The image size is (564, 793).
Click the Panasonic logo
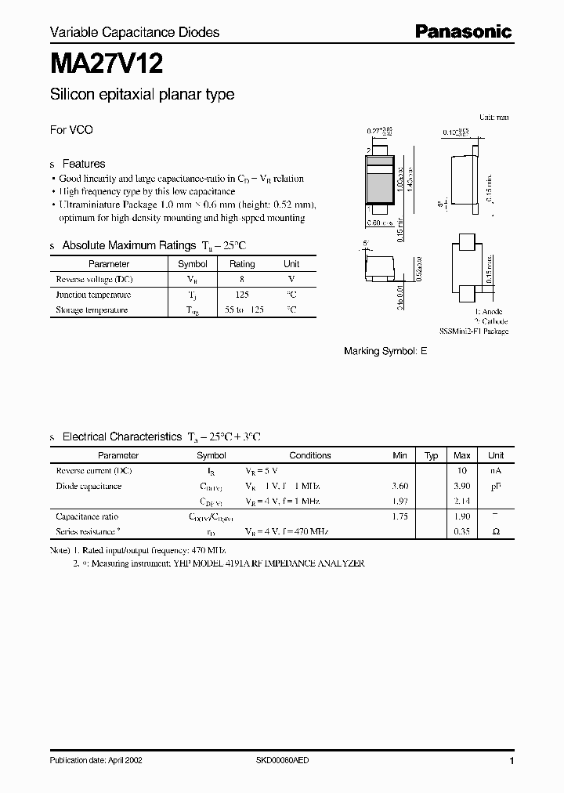tap(462, 31)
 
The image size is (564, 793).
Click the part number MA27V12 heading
tap(107, 62)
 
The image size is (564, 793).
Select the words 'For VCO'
tap(71, 130)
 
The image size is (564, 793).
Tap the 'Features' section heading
tap(84, 164)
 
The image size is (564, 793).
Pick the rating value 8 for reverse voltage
tap(242, 279)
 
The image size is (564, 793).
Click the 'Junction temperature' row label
tap(93, 295)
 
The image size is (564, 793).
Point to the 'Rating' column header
tap(242, 264)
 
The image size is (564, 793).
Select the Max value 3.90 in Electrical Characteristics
tap(462, 486)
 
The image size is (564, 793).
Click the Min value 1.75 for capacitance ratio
tap(399, 516)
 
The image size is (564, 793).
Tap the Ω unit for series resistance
tap(496, 531)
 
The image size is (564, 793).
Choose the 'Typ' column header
tap(432, 455)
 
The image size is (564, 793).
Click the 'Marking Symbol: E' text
tap(385, 352)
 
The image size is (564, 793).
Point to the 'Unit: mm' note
tap(493, 117)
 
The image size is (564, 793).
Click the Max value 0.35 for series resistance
tap(462, 531)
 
